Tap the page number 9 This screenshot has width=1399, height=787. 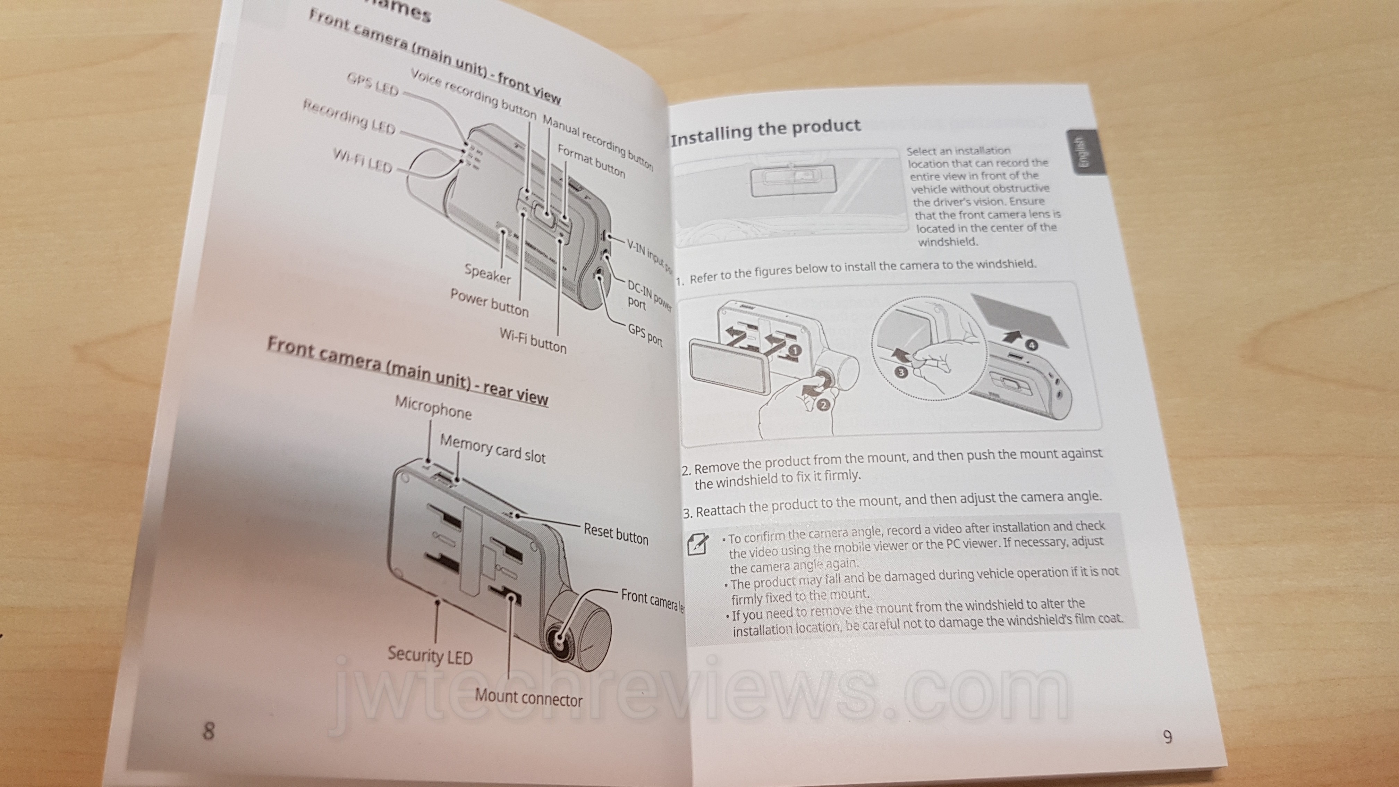pos(1167,737)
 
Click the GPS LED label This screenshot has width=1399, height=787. pos(373,84)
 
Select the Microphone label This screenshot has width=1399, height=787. pos(433,407)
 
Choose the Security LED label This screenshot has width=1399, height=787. pos(430,655)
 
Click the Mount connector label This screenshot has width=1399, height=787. pos(528,697)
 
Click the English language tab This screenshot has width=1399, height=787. pos(1084,152)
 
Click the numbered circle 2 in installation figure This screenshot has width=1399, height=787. pos(822,404)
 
